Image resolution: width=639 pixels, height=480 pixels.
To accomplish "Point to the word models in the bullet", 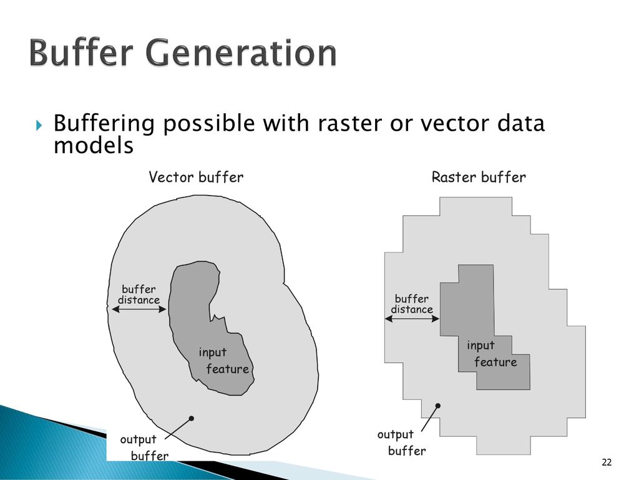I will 93,146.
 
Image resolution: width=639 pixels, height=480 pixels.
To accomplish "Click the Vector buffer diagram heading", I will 196,177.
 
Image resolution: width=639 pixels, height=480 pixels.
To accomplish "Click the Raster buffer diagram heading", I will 479,177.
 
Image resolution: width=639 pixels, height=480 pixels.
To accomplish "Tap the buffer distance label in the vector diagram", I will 139,294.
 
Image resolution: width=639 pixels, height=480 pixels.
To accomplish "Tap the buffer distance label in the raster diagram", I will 411,304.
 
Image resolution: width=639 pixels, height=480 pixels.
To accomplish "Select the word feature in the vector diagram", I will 227,369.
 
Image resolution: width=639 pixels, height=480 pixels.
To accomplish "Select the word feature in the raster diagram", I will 495,362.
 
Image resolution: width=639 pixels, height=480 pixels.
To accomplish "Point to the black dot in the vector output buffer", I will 192,418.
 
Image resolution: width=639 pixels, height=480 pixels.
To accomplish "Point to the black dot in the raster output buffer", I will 439,406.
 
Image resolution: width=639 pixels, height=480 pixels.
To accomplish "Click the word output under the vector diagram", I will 138,440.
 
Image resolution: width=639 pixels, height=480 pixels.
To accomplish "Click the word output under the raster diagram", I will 395,434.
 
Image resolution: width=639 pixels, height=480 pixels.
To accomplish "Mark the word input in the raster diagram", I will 480,346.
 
